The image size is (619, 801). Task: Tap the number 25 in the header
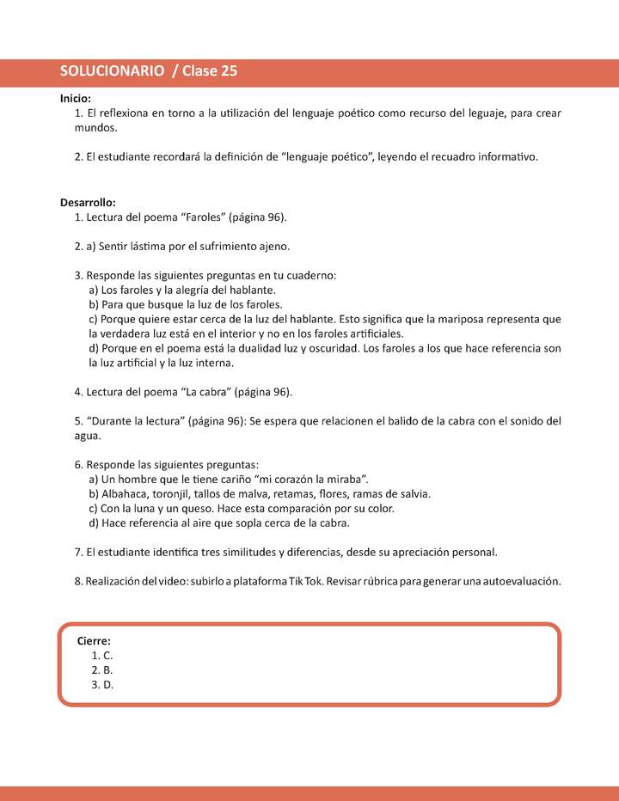[x=229, y=72]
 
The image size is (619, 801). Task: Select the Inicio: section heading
[x=76, y=99]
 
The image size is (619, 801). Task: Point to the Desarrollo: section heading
[x=88, y=202]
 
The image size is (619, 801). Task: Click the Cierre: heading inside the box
[x=94, y=640]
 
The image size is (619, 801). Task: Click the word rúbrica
[x=365, y=581]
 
